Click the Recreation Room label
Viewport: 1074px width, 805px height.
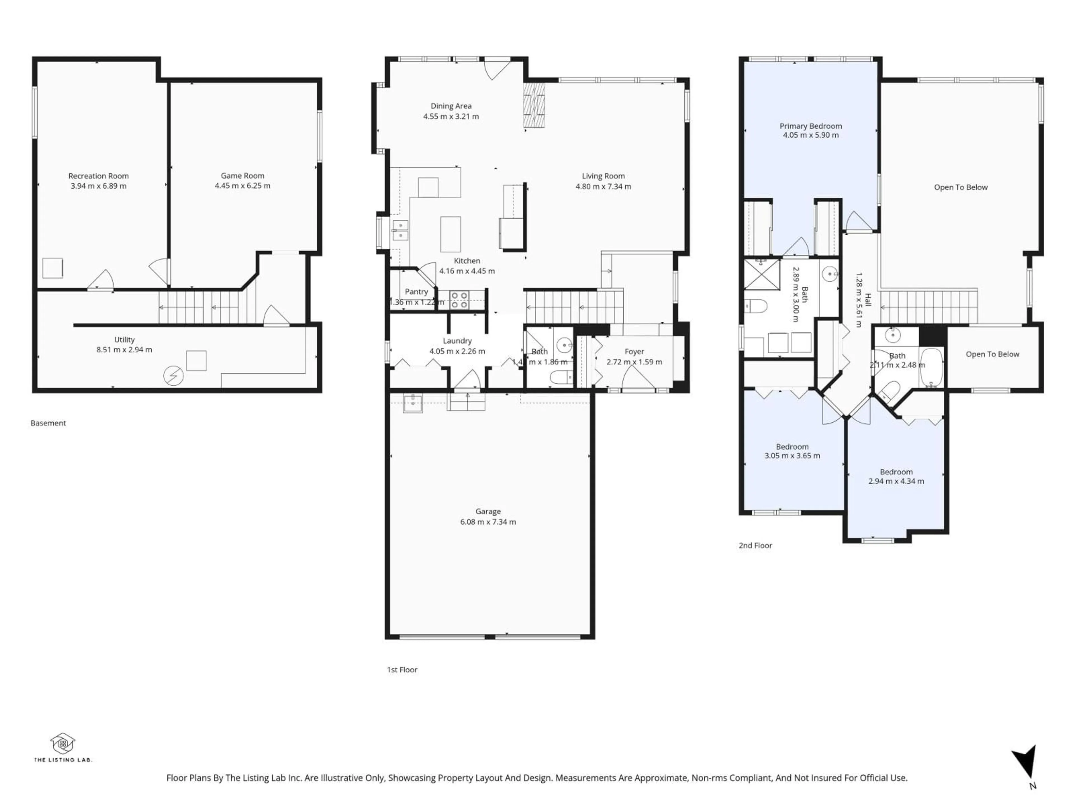click(98, 176)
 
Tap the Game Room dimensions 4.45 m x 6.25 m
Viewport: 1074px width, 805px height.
click(242, 186)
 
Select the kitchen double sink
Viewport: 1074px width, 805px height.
click(401, 230)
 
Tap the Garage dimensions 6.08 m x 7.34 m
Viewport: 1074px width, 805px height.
click(488, 522)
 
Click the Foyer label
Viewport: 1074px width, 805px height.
click(634, 351)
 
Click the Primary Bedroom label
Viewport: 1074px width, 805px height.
click(810, 126)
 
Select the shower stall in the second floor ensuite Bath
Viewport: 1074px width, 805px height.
click(761, 275)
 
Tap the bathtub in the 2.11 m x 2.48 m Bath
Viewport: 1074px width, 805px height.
click(931, 367)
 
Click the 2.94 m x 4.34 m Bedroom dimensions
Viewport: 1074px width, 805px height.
click(896, 481)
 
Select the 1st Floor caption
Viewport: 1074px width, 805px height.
click(402, 670)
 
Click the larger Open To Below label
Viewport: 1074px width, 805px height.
click(960, 187)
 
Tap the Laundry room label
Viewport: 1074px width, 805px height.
click(457, 341)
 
